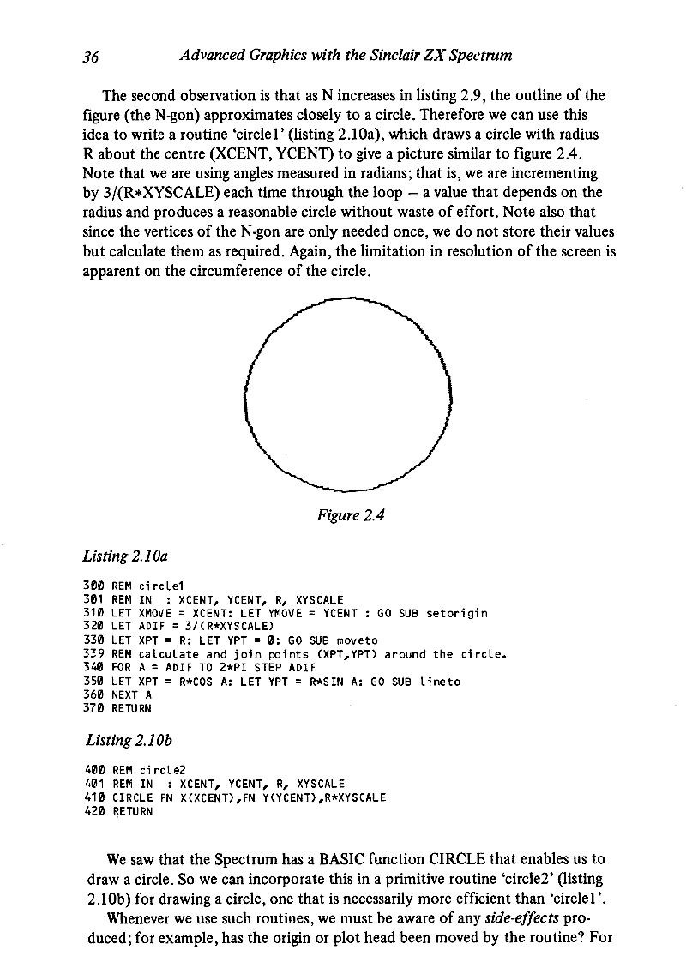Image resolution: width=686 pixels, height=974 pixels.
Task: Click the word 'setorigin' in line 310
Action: click(459, 613)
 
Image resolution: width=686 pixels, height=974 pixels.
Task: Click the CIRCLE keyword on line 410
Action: click(131, 797)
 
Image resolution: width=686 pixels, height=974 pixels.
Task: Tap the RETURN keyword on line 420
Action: click(131, 810)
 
